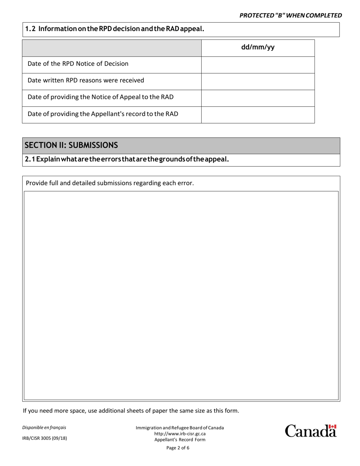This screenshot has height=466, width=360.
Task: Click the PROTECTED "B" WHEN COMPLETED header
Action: pyautogui.click(x=291, y=15)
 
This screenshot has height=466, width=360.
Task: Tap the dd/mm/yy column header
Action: pyautogui.click(x=258, y=48)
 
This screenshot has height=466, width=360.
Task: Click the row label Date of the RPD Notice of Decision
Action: pyautogui.click(x=78, y=64)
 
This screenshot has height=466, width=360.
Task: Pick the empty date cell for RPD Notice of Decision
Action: pyautogui.click(x=258, y=65)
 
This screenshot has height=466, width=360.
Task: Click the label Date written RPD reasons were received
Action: pyautogui.click(x=86, y=80)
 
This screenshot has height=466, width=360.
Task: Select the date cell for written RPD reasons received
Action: pyautogui.click(x=258, y=81)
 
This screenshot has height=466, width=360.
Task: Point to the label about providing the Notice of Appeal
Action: pyautogui.click(x=100, y=97)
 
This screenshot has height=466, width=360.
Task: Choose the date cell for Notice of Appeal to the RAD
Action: pyautogui.click(x=258, y=98)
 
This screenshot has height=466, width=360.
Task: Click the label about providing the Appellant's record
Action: pyautogui.click(x=103, y=114)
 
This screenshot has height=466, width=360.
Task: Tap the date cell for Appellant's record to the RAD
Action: pyautogui.click(x=258, y=115)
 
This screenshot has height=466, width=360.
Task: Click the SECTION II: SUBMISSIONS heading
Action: pyautogui.click(x=71, y=145)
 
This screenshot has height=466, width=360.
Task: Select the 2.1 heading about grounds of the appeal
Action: pyautogui.click(x=127, y=159)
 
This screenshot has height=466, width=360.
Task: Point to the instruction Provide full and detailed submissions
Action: pyautogui.click(x=110, y=183)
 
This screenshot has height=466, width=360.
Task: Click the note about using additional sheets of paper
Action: pyautogui.click(x=131, y=411)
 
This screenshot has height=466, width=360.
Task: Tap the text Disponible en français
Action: pyautogui.click(x=44, y=427)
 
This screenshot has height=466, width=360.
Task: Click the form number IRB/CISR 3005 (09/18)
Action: pyautogui.click(x=45, y=438)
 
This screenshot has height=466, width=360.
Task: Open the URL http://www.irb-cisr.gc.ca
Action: pyautogui.click(x=180, y=434)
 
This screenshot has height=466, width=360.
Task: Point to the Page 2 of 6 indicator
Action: pyautogui.click(x=178, y=448)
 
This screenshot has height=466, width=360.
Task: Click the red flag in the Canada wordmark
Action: pyautogui.click(x=332, y=427)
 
